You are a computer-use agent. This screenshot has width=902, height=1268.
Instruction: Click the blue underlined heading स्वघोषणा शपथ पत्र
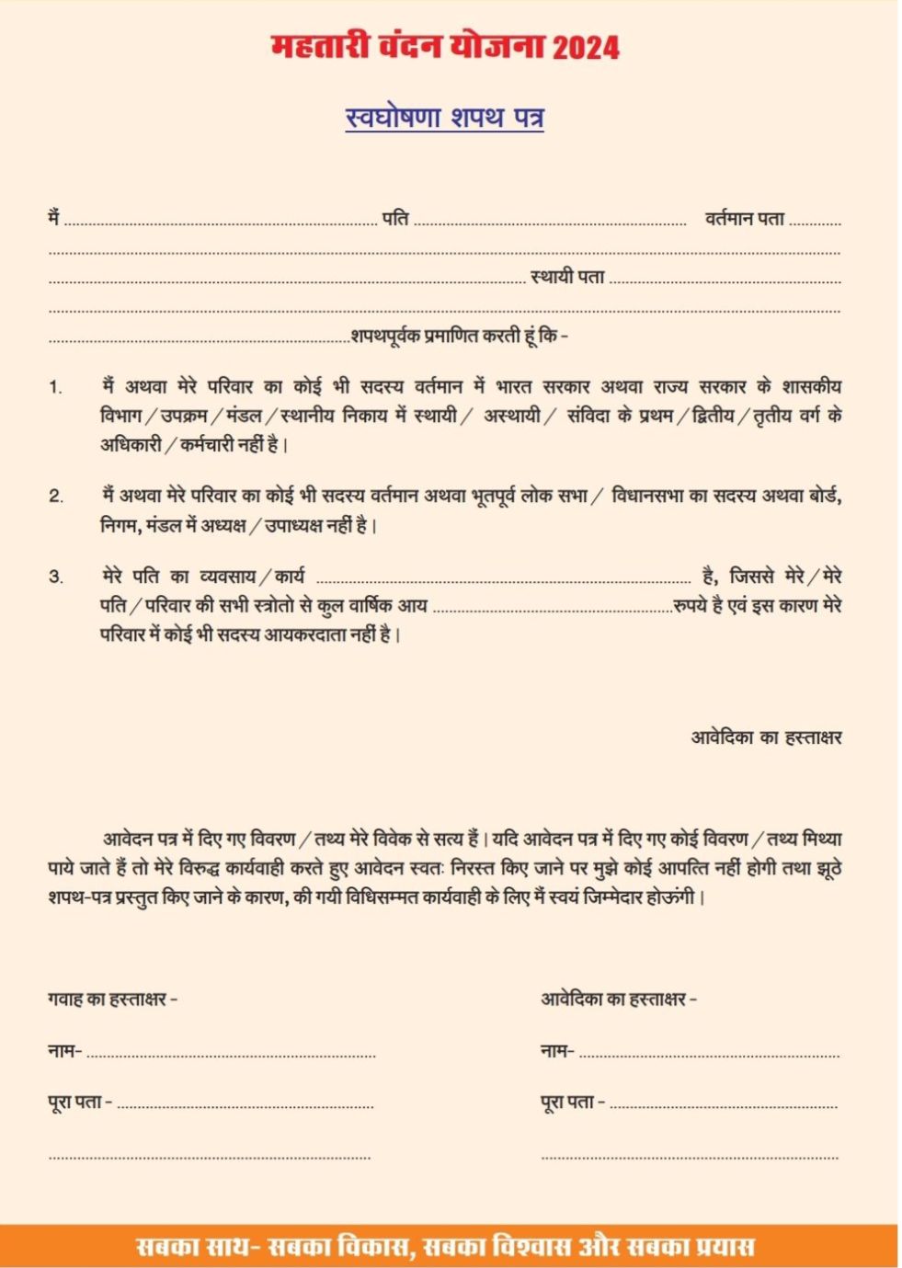[x=444, y=118]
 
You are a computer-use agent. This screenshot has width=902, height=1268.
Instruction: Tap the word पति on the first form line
[x=395, y=219]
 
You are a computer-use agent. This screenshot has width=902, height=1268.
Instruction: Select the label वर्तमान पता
[x=745, y=219]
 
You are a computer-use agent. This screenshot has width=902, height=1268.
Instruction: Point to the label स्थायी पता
[x=567, y=277]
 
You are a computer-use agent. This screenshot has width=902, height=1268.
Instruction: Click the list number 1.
[x=55, y=387]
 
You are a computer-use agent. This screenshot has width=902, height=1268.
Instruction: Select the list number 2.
[x=56, y=497]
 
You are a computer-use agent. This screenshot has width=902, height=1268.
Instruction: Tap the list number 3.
[x=56, y=577]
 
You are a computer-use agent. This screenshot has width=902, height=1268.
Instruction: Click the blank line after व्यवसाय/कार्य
[x=503, y=580]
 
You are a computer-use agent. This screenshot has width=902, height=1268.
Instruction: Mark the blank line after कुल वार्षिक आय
[x=552, y=609]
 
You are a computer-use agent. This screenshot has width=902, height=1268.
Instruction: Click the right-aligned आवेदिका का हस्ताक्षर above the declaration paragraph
[x=766, y=737]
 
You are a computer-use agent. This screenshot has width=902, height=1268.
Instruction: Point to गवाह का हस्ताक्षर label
[x=112, y=1000]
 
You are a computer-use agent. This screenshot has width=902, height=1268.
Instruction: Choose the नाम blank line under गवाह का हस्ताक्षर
[x=230, y=1055]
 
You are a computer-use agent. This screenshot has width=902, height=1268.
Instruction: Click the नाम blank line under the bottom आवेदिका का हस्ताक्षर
[x=708, y=1055]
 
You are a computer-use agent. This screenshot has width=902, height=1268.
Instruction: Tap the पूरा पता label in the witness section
[x=79, y=1102]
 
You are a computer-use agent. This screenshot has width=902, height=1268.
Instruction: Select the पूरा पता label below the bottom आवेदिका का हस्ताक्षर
[x=572, y=1102]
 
